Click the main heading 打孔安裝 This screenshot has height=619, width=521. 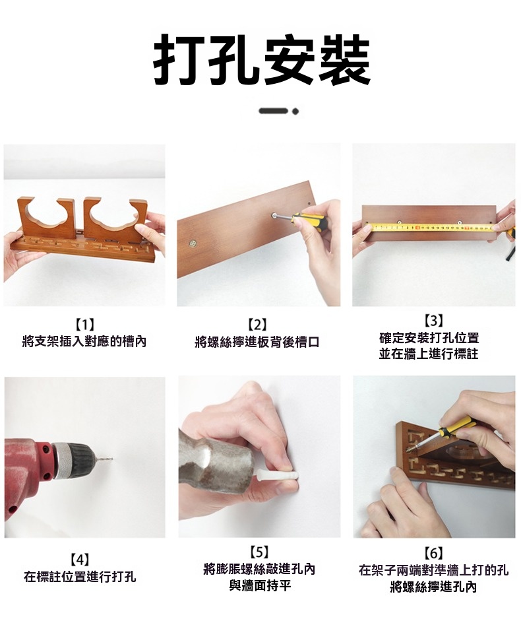(x=261, y=59)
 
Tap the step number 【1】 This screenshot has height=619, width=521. (x=84, y=325)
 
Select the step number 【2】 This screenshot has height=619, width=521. (x=258, y=325)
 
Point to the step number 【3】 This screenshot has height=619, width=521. (x=433, y=321)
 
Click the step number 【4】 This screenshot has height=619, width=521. (x=80, y=559)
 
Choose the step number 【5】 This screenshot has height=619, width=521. (x=259, y=552)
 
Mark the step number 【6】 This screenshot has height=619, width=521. (x=433, y=553)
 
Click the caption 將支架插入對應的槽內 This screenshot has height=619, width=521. (x=84, y=341)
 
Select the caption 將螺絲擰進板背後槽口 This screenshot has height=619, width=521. (x=257, y=341)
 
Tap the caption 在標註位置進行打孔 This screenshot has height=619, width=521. (x=80, y=576)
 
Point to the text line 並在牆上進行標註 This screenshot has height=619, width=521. (x=429, y=354)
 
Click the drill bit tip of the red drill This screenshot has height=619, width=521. (x=112, y=459)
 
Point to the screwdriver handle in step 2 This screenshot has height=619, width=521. (x=305, y=219)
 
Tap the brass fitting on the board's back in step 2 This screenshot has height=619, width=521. (x=193, y=244)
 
